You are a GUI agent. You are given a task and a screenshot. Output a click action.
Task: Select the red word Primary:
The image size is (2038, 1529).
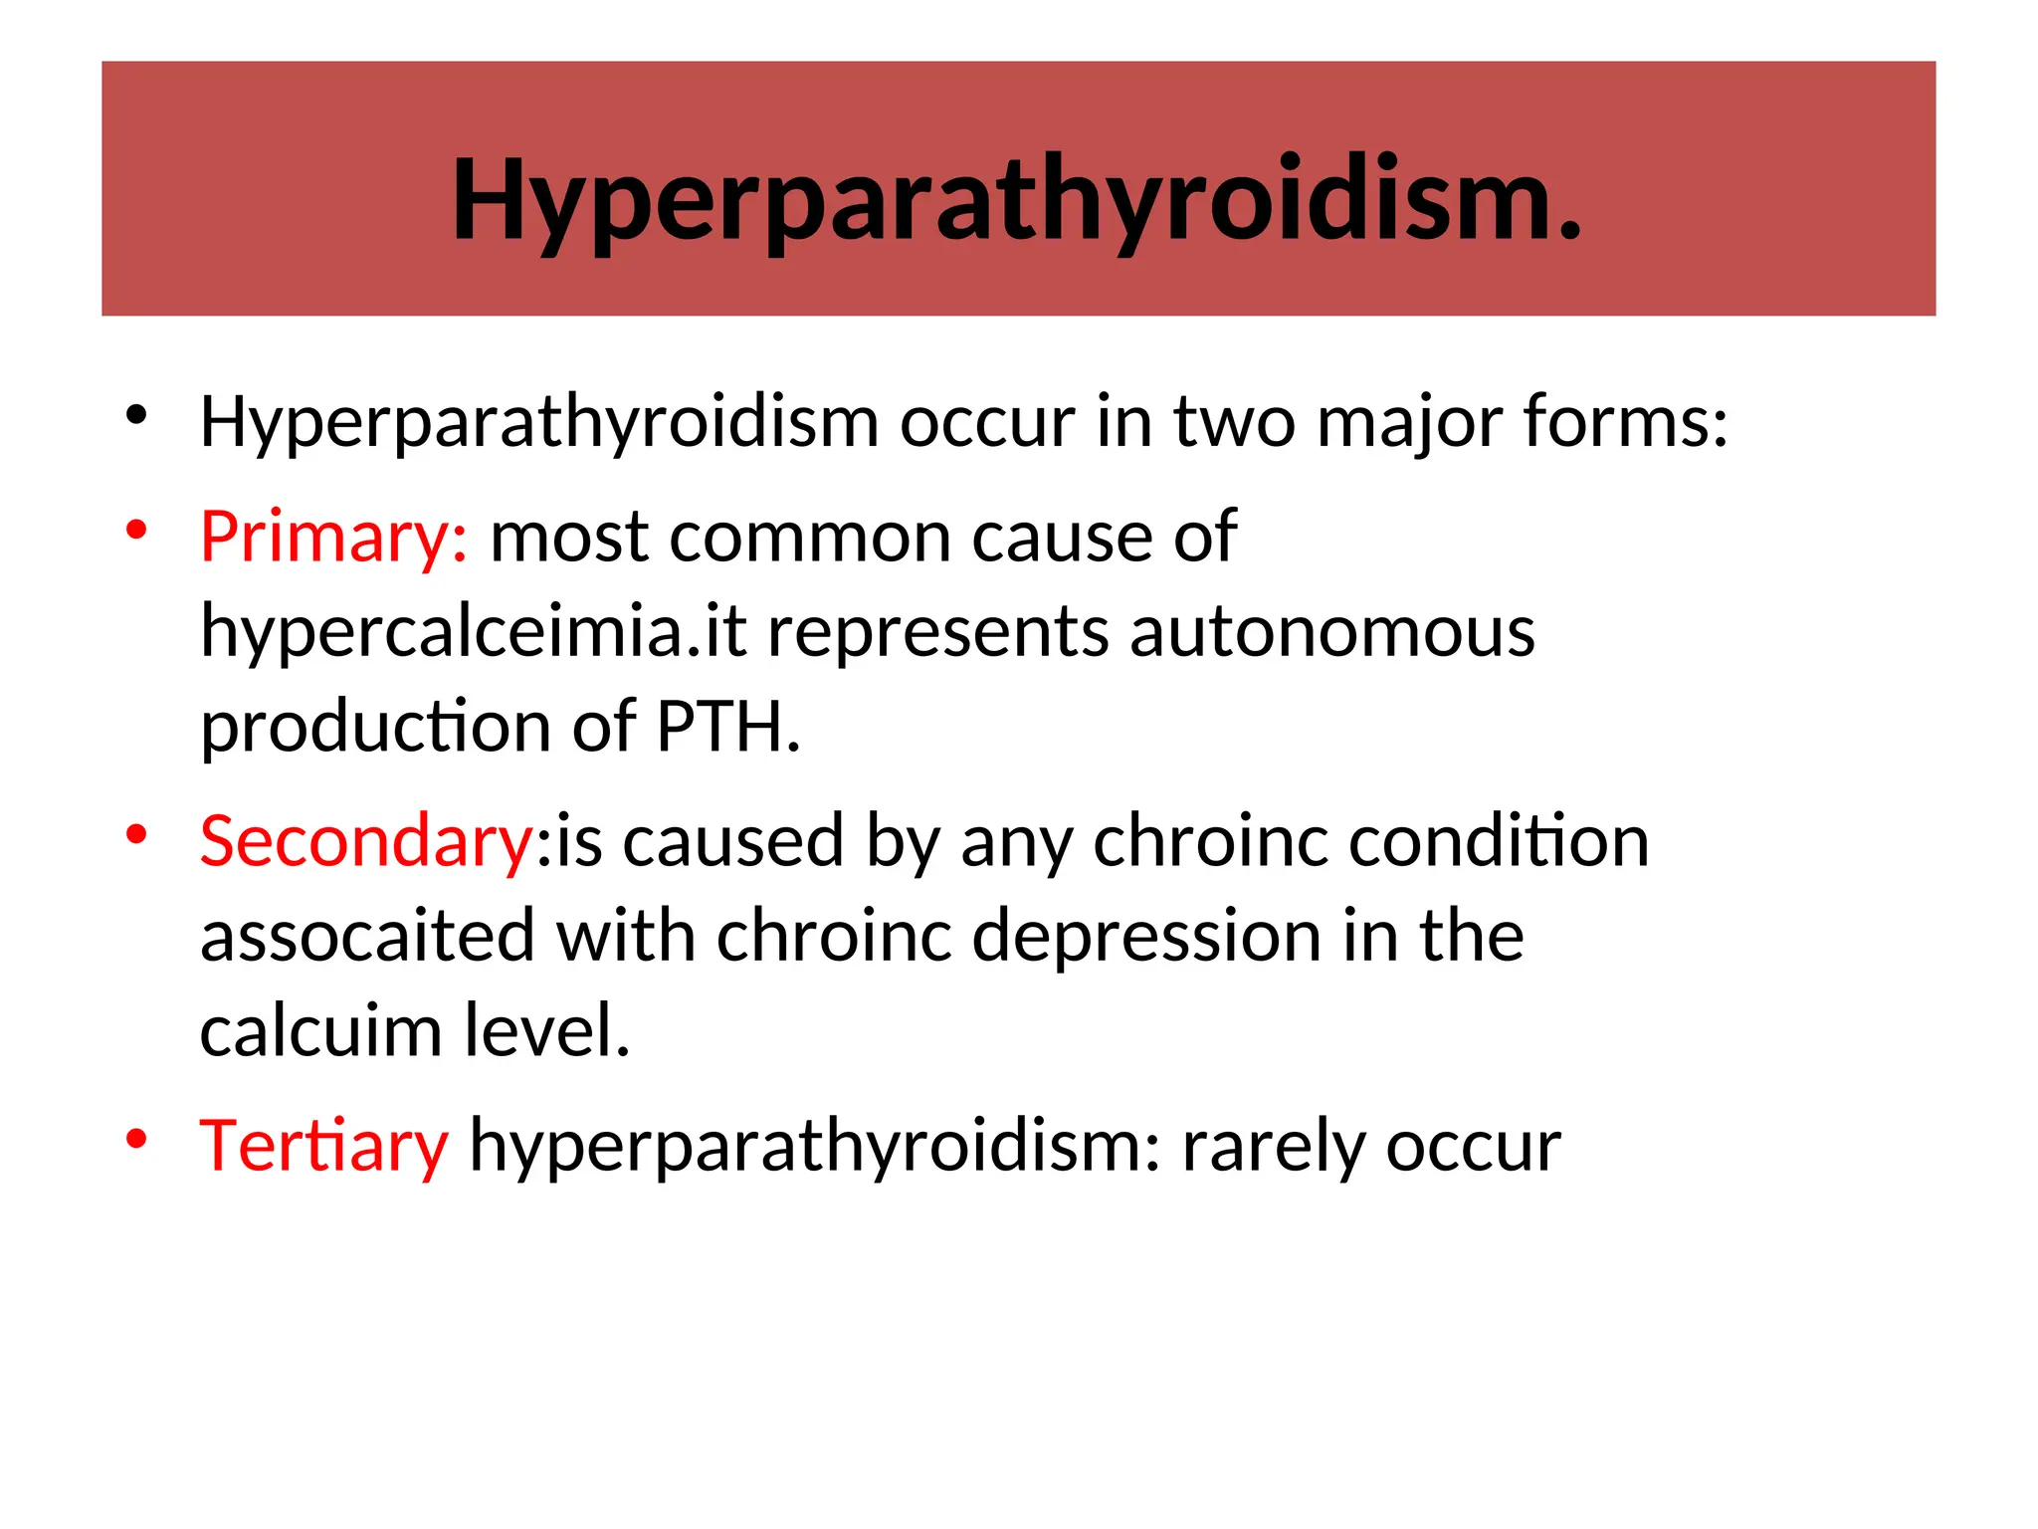[333, 538]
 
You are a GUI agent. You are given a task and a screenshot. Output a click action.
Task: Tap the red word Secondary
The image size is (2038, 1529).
[366, 841]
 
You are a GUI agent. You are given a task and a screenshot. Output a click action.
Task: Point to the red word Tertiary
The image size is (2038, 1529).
[324, 1146]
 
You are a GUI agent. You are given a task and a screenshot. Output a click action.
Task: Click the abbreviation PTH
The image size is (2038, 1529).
[727, 727]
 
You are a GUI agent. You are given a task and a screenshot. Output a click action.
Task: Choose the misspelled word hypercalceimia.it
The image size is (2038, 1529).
[474, 634]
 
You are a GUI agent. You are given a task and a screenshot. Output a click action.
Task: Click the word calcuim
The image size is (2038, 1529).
[320, 1031]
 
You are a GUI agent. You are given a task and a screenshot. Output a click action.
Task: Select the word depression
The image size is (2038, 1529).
[1146, 937]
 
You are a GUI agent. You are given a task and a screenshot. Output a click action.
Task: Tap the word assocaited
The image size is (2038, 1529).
[367, 937]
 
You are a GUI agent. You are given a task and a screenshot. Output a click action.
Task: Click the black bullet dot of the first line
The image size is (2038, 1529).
[137, 416]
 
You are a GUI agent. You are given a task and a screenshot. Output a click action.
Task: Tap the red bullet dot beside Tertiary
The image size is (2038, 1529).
[137, 1139]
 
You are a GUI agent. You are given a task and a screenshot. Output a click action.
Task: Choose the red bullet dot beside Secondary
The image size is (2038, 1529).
[137, 834]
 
